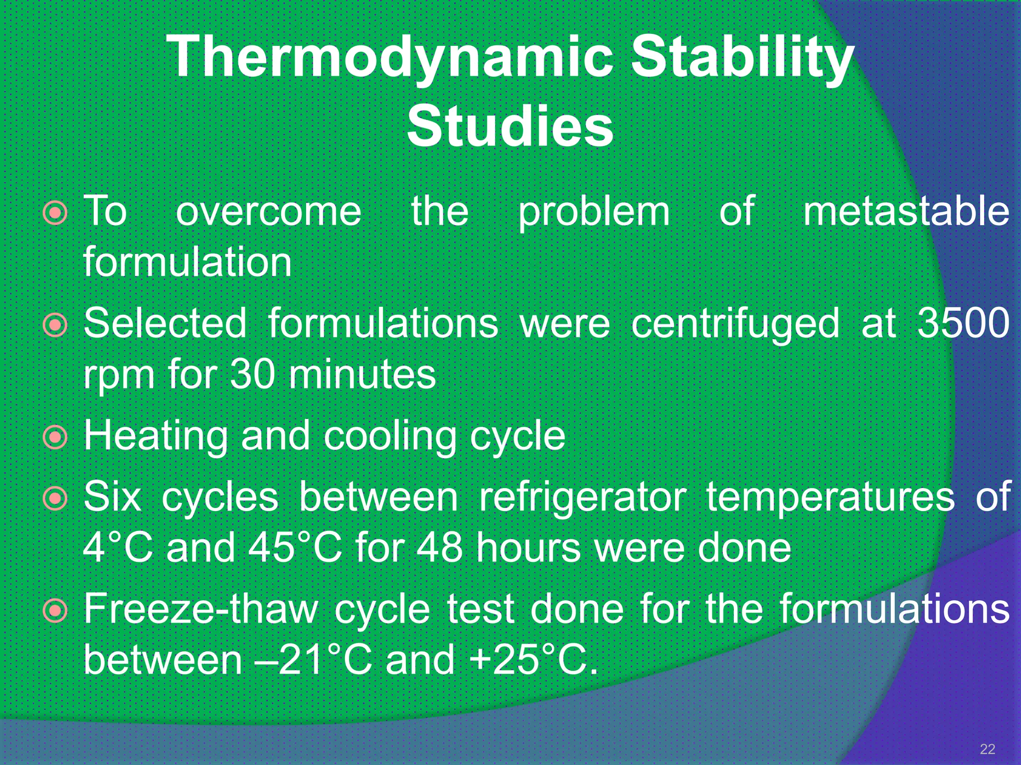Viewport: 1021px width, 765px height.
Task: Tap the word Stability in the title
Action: (743, 59)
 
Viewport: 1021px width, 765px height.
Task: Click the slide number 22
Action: (987, 749)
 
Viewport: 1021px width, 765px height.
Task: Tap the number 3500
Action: (963, 323)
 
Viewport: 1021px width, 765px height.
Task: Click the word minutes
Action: (362, 375)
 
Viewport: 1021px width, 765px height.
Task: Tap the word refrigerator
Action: (582, 498)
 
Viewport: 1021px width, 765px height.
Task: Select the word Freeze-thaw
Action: (200, 609)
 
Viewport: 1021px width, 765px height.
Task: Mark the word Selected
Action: (165, 323)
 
